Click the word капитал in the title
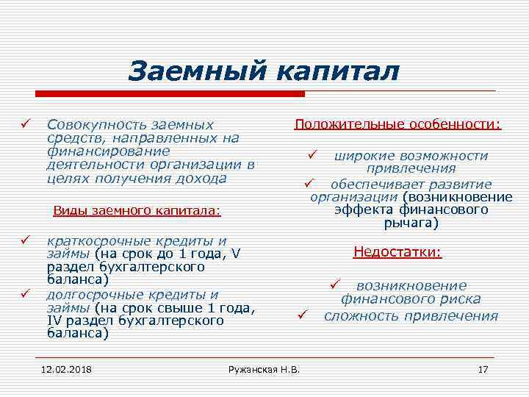pyautogui.click(x=339, y=71)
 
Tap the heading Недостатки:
pyautogui.click(x=397, y=252)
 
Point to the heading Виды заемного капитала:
pyautogui.click(x=137, y=210)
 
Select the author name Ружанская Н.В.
pyautogui.click(x=264, y=368)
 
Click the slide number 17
pyautogui.click(x=483, y=368)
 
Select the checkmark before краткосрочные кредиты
pyautogui.click(x=25, y=240)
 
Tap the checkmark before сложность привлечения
pyautogui.click(x=301, y=316)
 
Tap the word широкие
pyautogui.click(x=359, y=156)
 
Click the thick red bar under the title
pyautogui.click(x=169, y=94)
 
